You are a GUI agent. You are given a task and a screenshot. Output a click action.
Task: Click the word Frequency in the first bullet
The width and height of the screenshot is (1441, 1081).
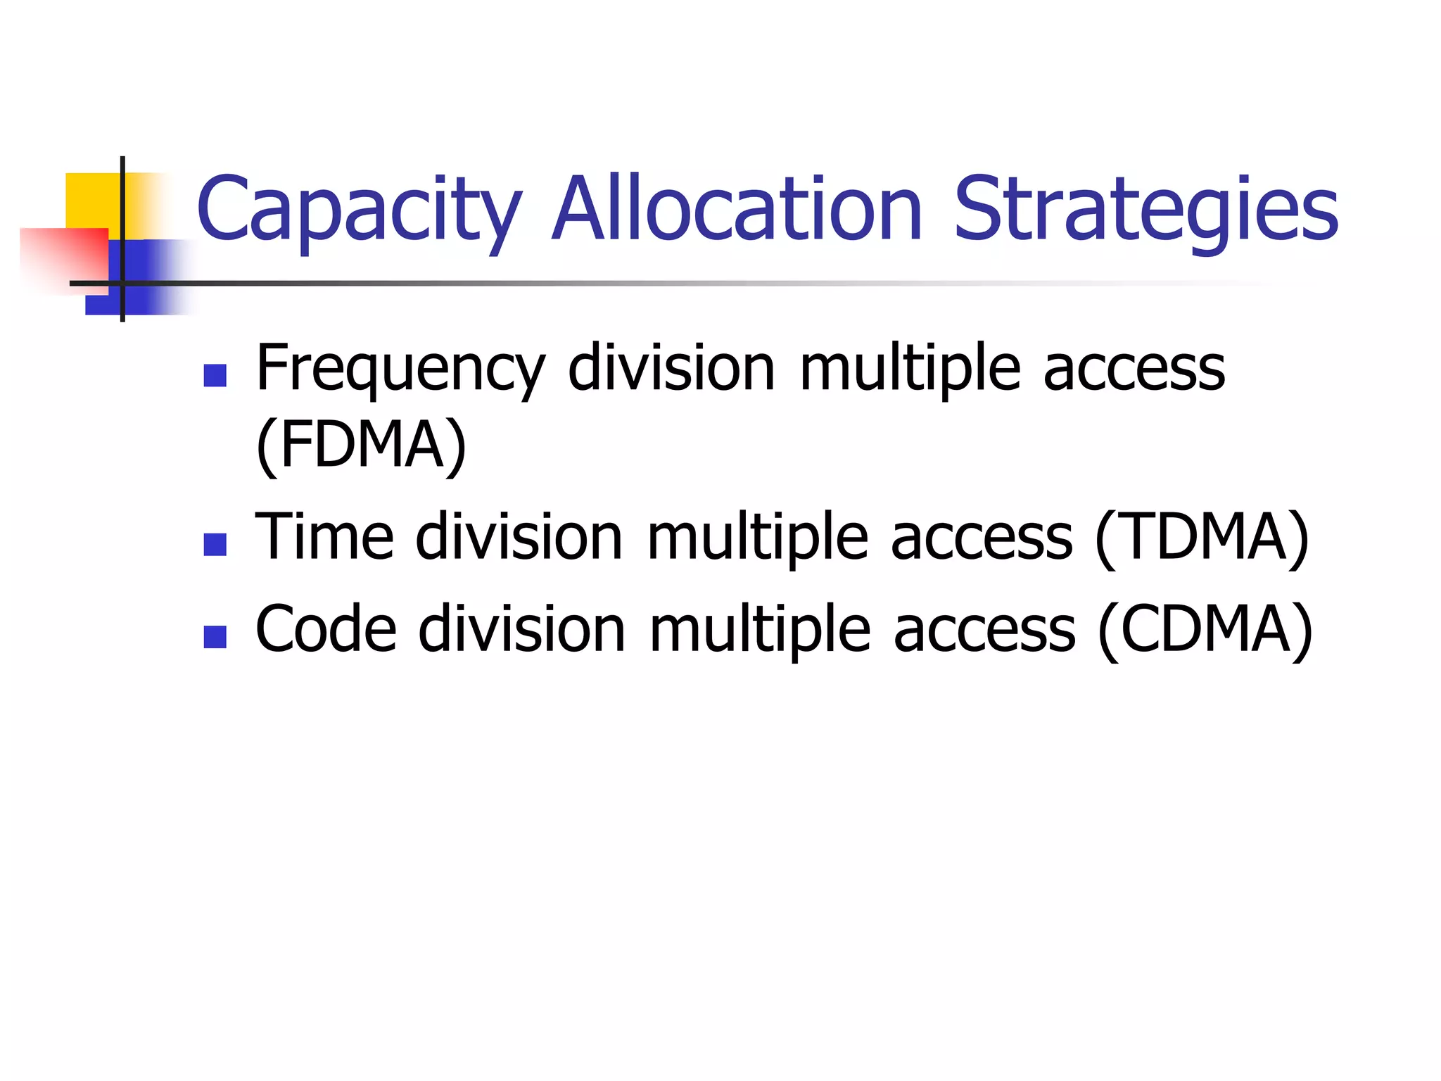400,369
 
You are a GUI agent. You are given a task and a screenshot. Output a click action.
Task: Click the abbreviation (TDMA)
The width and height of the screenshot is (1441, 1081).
1202,538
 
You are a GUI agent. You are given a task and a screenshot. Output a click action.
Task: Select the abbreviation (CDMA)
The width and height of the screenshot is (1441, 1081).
1205,629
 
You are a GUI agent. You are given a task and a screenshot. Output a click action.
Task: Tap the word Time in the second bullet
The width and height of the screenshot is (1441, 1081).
324,538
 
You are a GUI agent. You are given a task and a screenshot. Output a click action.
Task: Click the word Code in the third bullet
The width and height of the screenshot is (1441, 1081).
325,629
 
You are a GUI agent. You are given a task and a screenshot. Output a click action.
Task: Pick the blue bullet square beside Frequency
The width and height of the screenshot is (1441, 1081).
215,376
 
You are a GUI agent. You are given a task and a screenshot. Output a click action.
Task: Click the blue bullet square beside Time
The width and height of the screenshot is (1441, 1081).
215,545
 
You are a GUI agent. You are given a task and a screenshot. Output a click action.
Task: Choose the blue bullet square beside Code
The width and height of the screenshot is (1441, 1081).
215,636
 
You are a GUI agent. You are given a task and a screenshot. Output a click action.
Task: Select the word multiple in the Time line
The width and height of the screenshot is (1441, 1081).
757,539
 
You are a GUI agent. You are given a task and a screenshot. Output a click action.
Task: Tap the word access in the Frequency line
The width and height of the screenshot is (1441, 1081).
1134,369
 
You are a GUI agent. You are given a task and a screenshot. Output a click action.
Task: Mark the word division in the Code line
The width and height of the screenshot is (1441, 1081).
521,629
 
